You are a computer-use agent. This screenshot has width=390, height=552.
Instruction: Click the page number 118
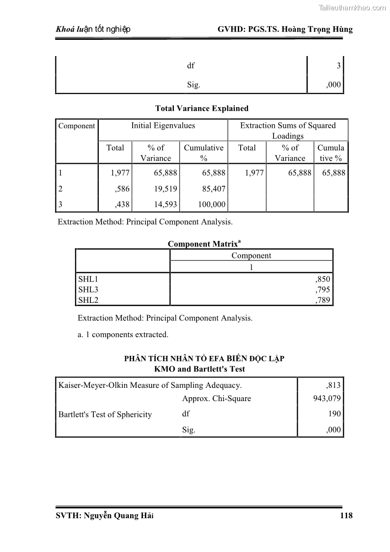coord(346,516)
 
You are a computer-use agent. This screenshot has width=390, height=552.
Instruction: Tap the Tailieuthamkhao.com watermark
coord(352,7)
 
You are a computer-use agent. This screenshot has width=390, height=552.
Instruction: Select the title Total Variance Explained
coord(201,108)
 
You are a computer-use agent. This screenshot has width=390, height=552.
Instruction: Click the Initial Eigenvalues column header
coord(163,126)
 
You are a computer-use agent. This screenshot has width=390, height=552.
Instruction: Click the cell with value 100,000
coord(211,204)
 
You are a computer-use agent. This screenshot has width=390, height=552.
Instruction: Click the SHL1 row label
coord(88,280)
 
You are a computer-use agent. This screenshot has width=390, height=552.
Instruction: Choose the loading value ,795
coord(323,290)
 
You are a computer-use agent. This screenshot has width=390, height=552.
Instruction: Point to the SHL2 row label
coord(88,300)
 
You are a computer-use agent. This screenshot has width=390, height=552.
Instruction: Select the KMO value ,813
coord(333,385)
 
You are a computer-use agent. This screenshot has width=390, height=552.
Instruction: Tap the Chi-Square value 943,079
coord(327,399)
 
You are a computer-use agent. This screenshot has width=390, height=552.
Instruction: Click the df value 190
coord(334,414)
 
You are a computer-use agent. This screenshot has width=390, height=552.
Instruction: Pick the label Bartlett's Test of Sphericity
coord(105,414)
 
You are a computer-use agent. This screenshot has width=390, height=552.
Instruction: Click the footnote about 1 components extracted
coord(123,335)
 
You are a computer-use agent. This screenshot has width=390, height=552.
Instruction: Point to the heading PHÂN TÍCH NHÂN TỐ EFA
coord(204,359)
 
